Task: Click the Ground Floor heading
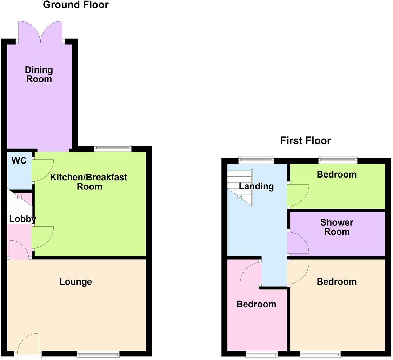tap(75, 5)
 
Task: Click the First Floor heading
tap(305, 141)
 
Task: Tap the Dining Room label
tap(39, 74)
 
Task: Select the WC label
tap(19, 161)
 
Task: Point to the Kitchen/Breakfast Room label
tap(88, 181)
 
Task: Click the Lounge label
tap(76, 281)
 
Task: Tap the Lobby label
tap(22, 219)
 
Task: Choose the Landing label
tap(256, 186)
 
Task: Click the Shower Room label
tap(337, 227)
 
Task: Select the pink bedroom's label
tap(256, 304)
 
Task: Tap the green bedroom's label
tap(337, 174)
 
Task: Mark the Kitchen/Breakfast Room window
tap(113, 148)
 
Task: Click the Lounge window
tap(98, 355)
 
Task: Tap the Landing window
tap(256, 160)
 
